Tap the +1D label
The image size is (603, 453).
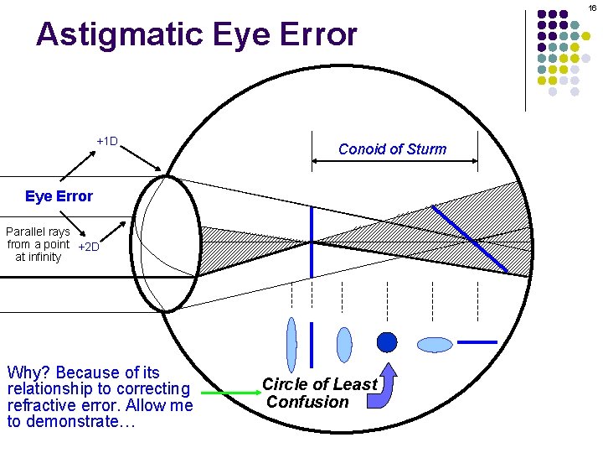[107, 141]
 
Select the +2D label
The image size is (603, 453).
[88, 247]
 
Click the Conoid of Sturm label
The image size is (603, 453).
[392, 149]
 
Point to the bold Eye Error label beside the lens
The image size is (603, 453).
[59, 196]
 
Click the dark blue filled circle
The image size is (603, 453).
[386, 342]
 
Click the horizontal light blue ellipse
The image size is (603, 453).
[435, 344]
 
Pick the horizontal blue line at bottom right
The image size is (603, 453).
[478, 342]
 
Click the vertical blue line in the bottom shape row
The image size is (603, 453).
[312, 344]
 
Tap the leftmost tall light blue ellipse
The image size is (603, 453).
[291, 344]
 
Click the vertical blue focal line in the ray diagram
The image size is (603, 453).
[312, 243]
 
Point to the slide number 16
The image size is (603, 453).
[592, 8]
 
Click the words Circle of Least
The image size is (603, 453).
[319, 384]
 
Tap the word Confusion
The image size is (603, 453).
[307, 402]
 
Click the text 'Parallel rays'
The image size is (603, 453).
[38, 231]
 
